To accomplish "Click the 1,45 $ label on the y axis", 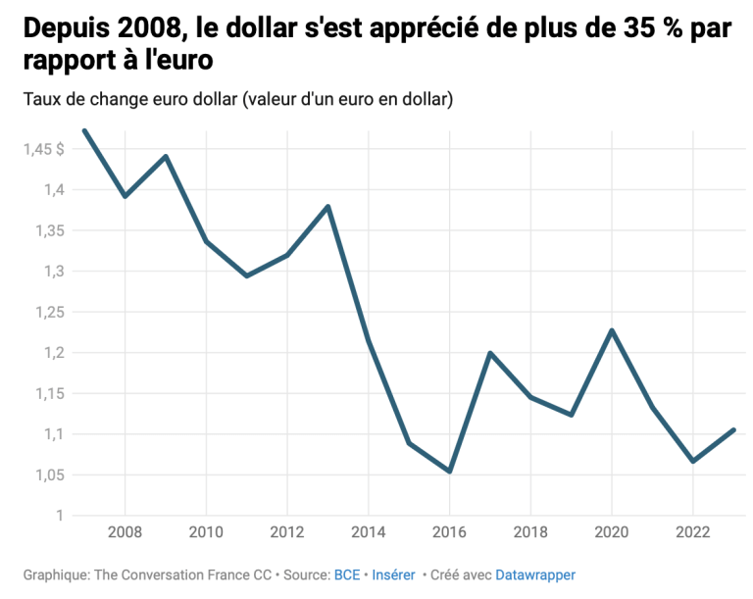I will pyautogui.click(x=44, y=149).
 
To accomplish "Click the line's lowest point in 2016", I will pyautogui.click(x=449, y=472).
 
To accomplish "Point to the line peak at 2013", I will pyautogui.click(x=327, y=206).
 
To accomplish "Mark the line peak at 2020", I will pyautogui.click(x=612, y=330).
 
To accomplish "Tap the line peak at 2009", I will pyautogui.click(x=166, y=156).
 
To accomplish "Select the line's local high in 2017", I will pyautogui.click(x=489, y=353).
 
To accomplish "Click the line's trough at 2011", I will pyautogui.click(x=247, y=275).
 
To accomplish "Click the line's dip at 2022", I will pyautogui.click(x=692, y=461).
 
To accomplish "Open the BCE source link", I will pyautogui.click(x=347, y=574).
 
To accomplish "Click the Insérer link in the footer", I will pyautogui.click(x=394, y=574).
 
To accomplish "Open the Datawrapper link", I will pyautogui.click(x=535, y=574).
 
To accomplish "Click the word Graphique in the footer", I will pyautogui.click(x=57, y=574).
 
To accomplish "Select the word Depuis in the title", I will pyautogui.click(x=63, y=29).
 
